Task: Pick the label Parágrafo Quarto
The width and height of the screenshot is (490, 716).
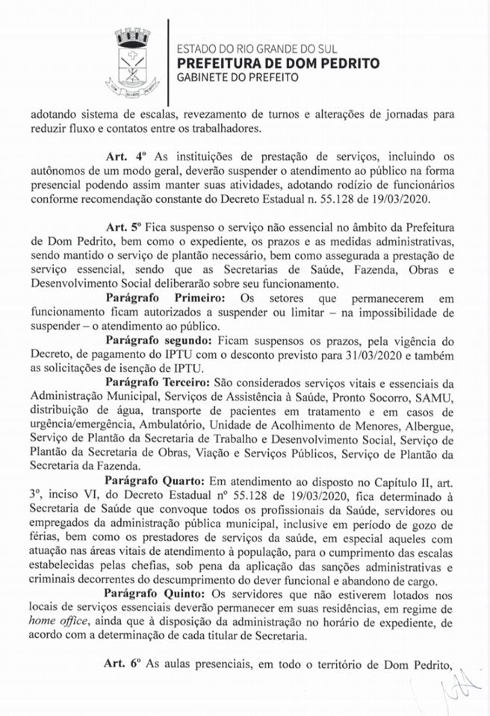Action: click(154, 480)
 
